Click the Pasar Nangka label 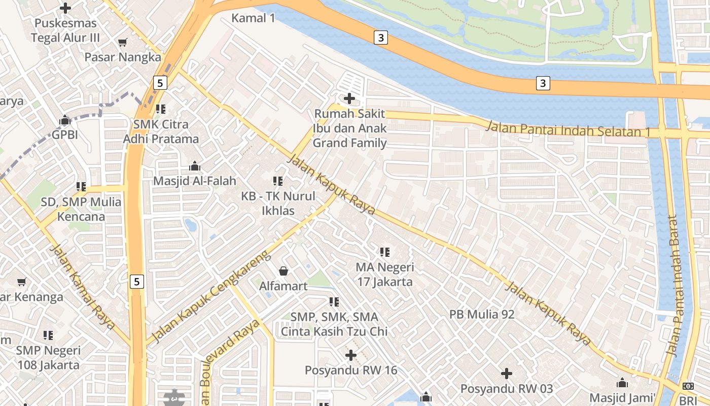coord(122,57)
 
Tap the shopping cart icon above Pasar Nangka coord(122,42)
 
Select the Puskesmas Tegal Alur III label coord(65,30)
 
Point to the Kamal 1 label coord(253,18)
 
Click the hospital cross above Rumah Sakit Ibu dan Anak coord(349,98)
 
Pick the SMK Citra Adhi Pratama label coord(161,131)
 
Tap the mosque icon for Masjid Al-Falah coord(195,166)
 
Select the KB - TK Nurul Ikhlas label coord(278,203)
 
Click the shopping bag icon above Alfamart coord(283,271)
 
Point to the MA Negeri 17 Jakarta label coord(384,274)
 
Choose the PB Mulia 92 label coord(482,314)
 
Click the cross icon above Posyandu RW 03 coord(506,374)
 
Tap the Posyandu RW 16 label coord(350,370)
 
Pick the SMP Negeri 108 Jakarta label coord(48,357)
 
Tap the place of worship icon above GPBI coord(65,120)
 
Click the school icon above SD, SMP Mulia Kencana coord(81,187)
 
